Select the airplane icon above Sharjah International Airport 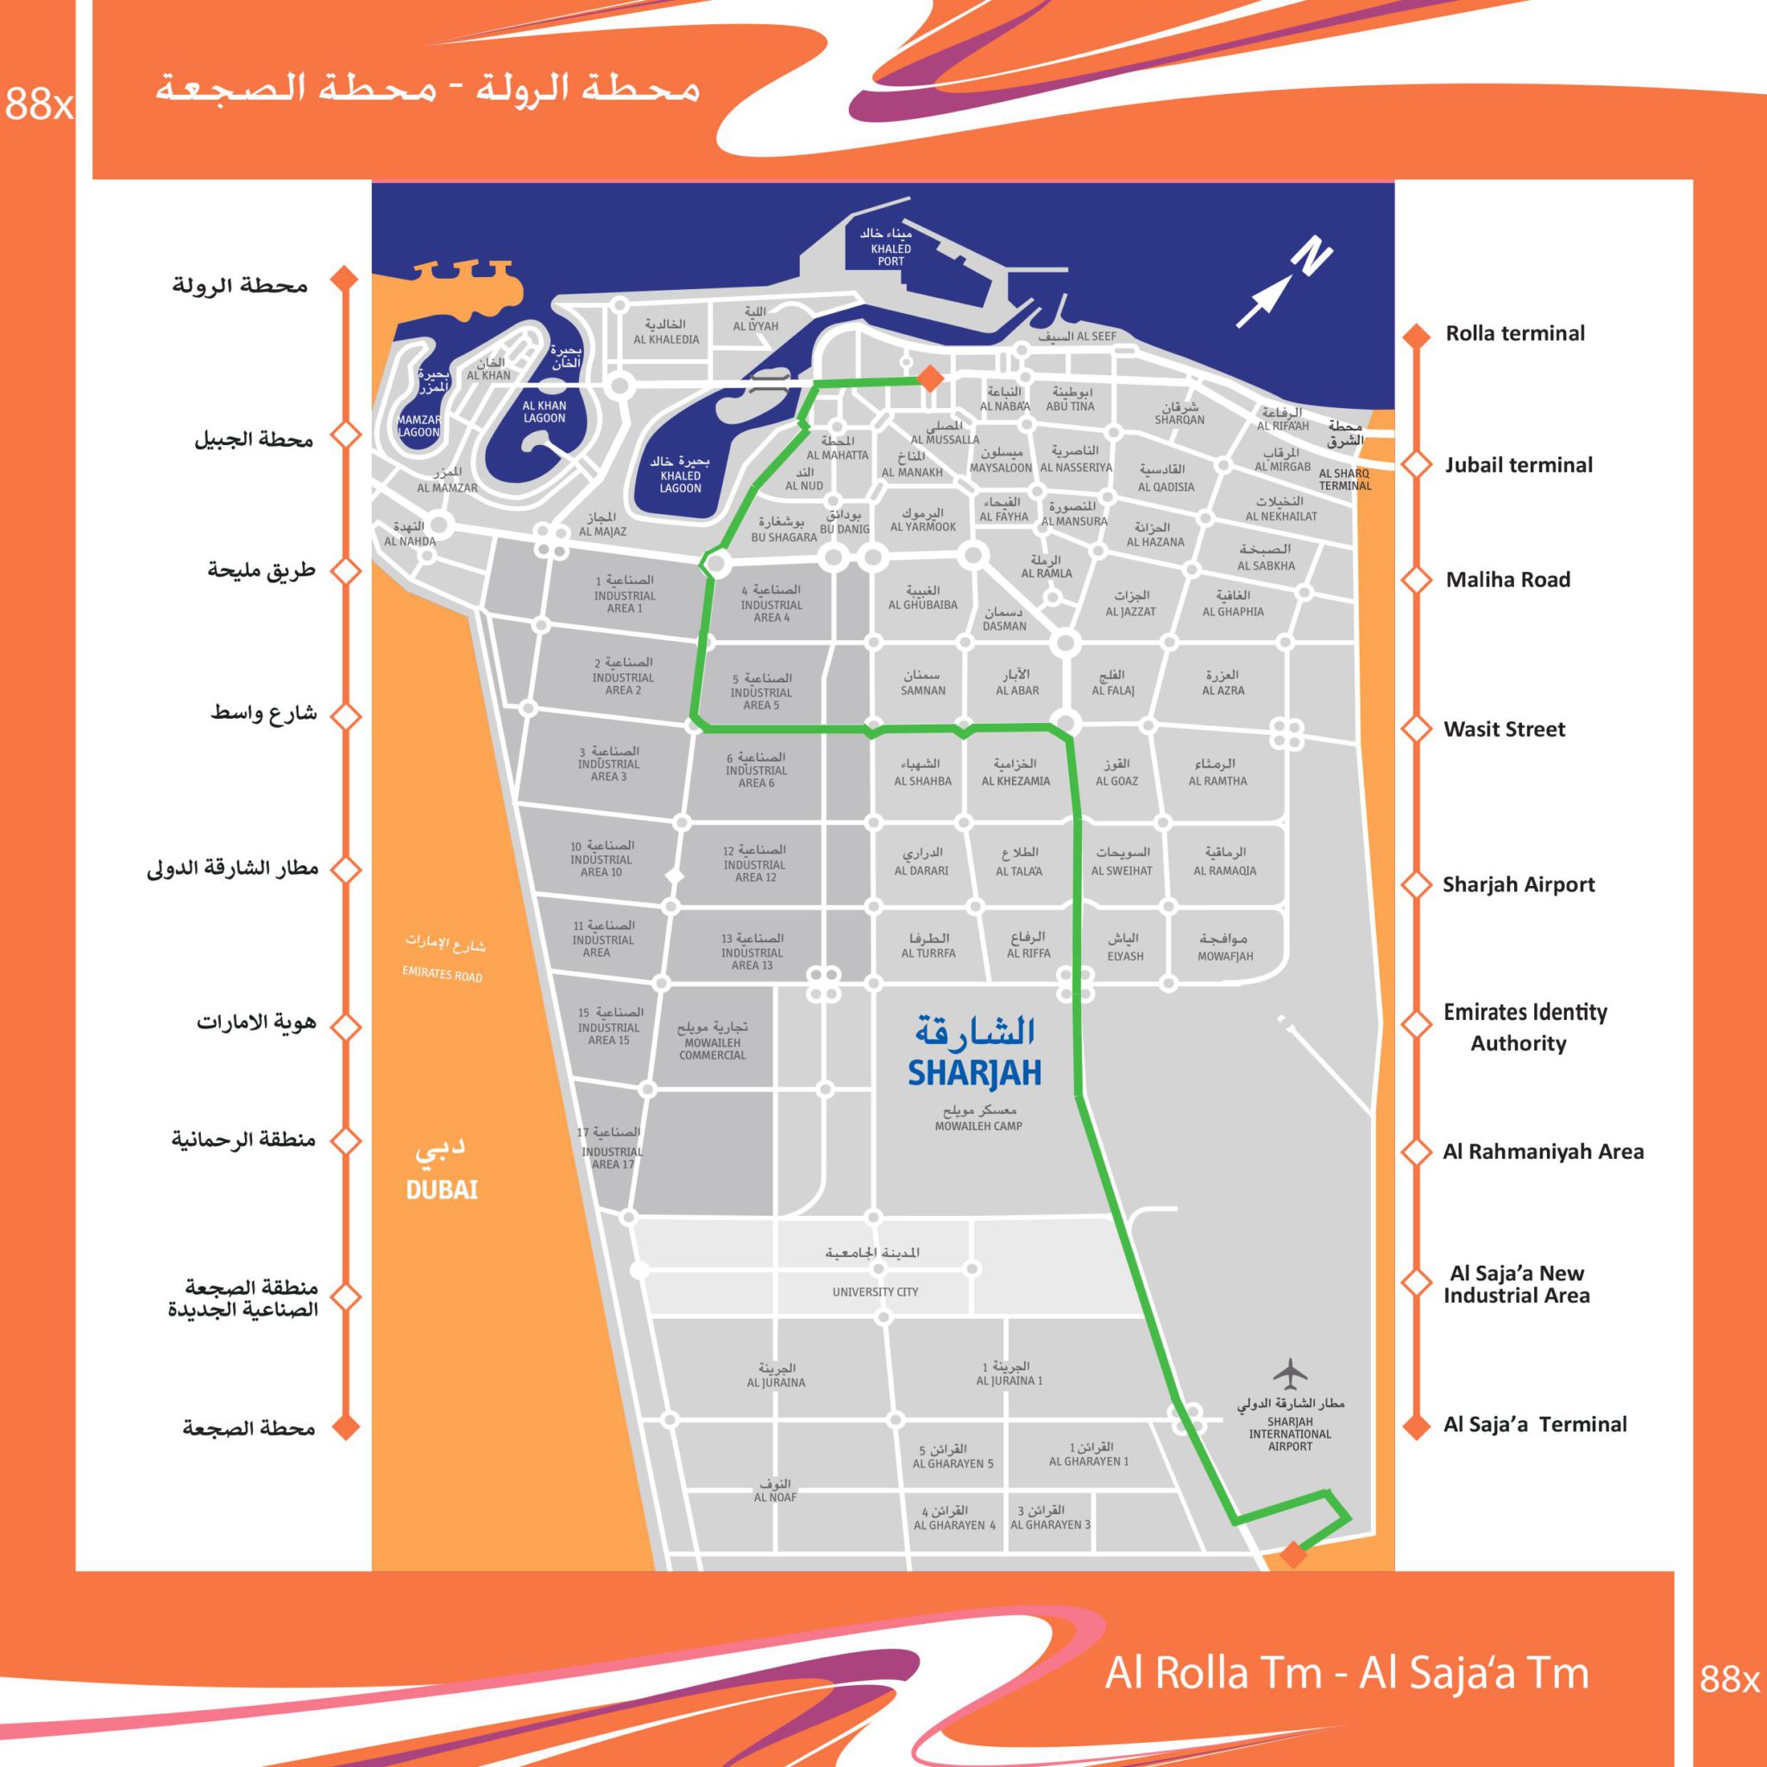tap(1290, 1374)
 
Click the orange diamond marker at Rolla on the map tap(929, 378)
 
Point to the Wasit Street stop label tap(1504, 729)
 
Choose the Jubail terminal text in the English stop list tap(1519, 465)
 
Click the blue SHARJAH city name tap(974, 1073)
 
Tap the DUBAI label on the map tap(442, 1189)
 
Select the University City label tap(874, 1292)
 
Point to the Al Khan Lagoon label tap(544, 412)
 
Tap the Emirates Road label tap(442, 974)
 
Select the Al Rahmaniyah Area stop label tap(1543, 1152)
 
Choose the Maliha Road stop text tap(1507, 580)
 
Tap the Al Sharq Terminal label tap(1343, 479)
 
